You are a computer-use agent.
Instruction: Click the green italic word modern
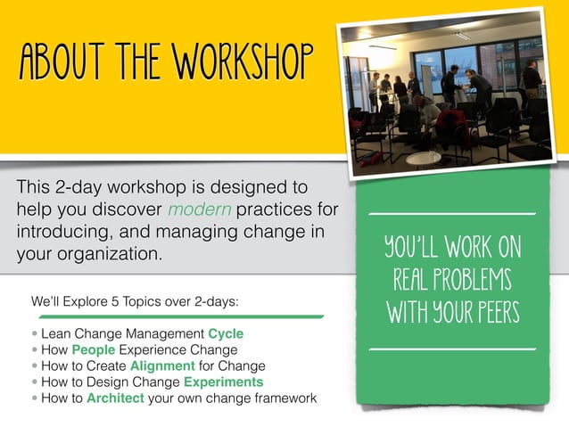[196, 210]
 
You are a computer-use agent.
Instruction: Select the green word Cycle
[226, 333]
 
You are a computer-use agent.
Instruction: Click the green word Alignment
[162, 365]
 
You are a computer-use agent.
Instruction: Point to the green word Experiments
[223, 382]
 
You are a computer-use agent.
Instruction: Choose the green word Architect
[115, 398]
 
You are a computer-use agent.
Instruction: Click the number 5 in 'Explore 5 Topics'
[118, 301]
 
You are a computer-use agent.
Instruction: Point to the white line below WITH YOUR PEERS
[452, 349]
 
